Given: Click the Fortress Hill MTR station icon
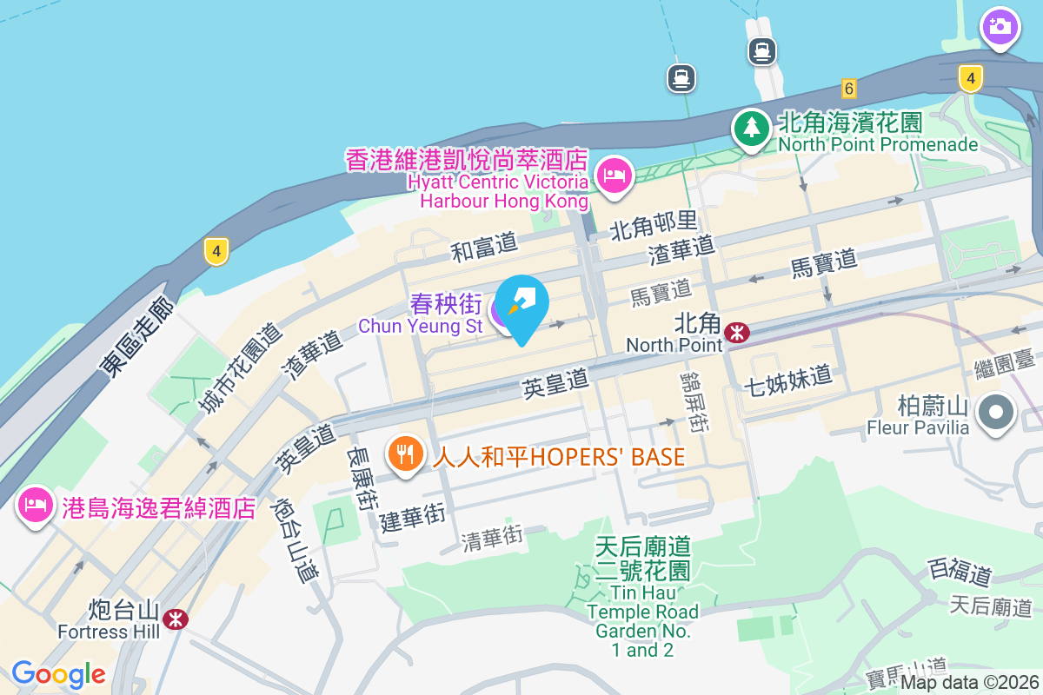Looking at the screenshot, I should click(176, 619).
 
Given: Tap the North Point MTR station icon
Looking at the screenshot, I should click(738, 332).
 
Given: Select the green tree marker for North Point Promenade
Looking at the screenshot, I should click(749, 129).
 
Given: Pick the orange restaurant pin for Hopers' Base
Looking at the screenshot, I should click(404, 453).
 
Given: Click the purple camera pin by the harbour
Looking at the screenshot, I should click(1000, 25).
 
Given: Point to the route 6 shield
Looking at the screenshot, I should click(849, 88).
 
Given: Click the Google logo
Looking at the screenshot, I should click(59, 673).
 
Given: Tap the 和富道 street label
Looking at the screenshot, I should click(484, 247).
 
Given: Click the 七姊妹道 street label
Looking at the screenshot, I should click(788, 380).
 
